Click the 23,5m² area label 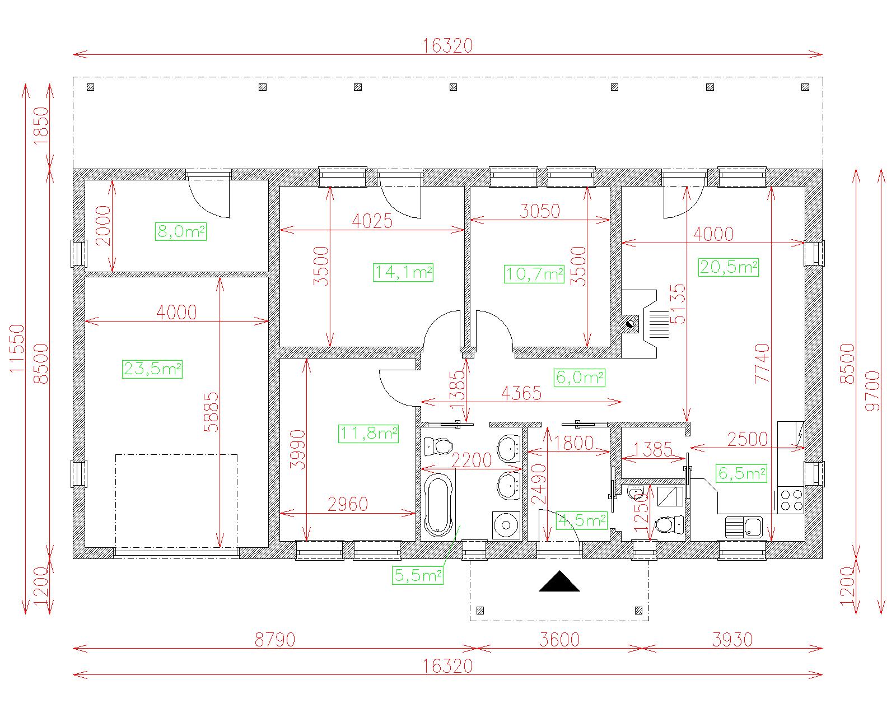point(152,369)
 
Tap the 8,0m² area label point(181,231)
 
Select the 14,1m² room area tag point(403,272)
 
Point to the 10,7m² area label point(534,274)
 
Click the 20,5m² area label point(729,267)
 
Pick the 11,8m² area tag point(368,434)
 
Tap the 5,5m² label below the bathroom point(418,575)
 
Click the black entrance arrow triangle point(559,581)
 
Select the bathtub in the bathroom point(438,505)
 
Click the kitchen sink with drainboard point(744,528)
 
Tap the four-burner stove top point(791,500)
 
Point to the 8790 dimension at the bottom point(275,640)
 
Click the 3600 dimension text point(559,640)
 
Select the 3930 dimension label point(732,640)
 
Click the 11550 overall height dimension point(17,348)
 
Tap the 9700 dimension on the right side point(872,391)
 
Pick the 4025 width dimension point(372,221)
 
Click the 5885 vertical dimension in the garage point(211,412)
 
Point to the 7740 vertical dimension point(762,364)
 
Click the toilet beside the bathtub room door point(438,446)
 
